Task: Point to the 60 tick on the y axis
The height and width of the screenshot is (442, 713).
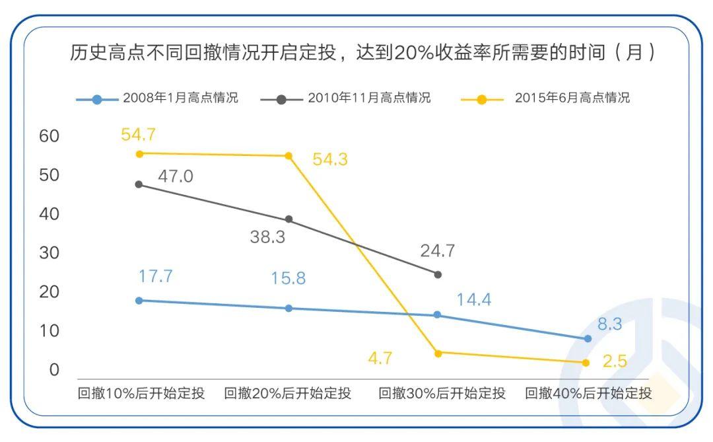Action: (x=50, y=136)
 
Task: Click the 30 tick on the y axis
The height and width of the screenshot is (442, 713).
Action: (x=50, y=253)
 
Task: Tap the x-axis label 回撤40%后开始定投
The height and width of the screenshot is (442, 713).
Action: (x=588, y=394)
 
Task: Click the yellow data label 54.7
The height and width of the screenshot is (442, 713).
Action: (x=138, y=135)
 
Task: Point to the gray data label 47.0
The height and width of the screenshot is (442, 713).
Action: (x=176, y=176)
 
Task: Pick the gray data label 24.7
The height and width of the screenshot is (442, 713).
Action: (x=438, y=251)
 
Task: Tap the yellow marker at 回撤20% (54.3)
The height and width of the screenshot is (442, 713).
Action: (x=289, y=156)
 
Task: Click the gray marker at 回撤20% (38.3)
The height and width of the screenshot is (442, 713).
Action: (x=289, y=219)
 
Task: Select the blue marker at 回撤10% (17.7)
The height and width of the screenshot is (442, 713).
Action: (x=139, y=301)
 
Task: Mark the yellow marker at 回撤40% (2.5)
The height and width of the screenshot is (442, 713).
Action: (x=586, y=363)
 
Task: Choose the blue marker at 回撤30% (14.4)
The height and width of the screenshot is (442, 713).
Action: (x=437, y=315)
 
